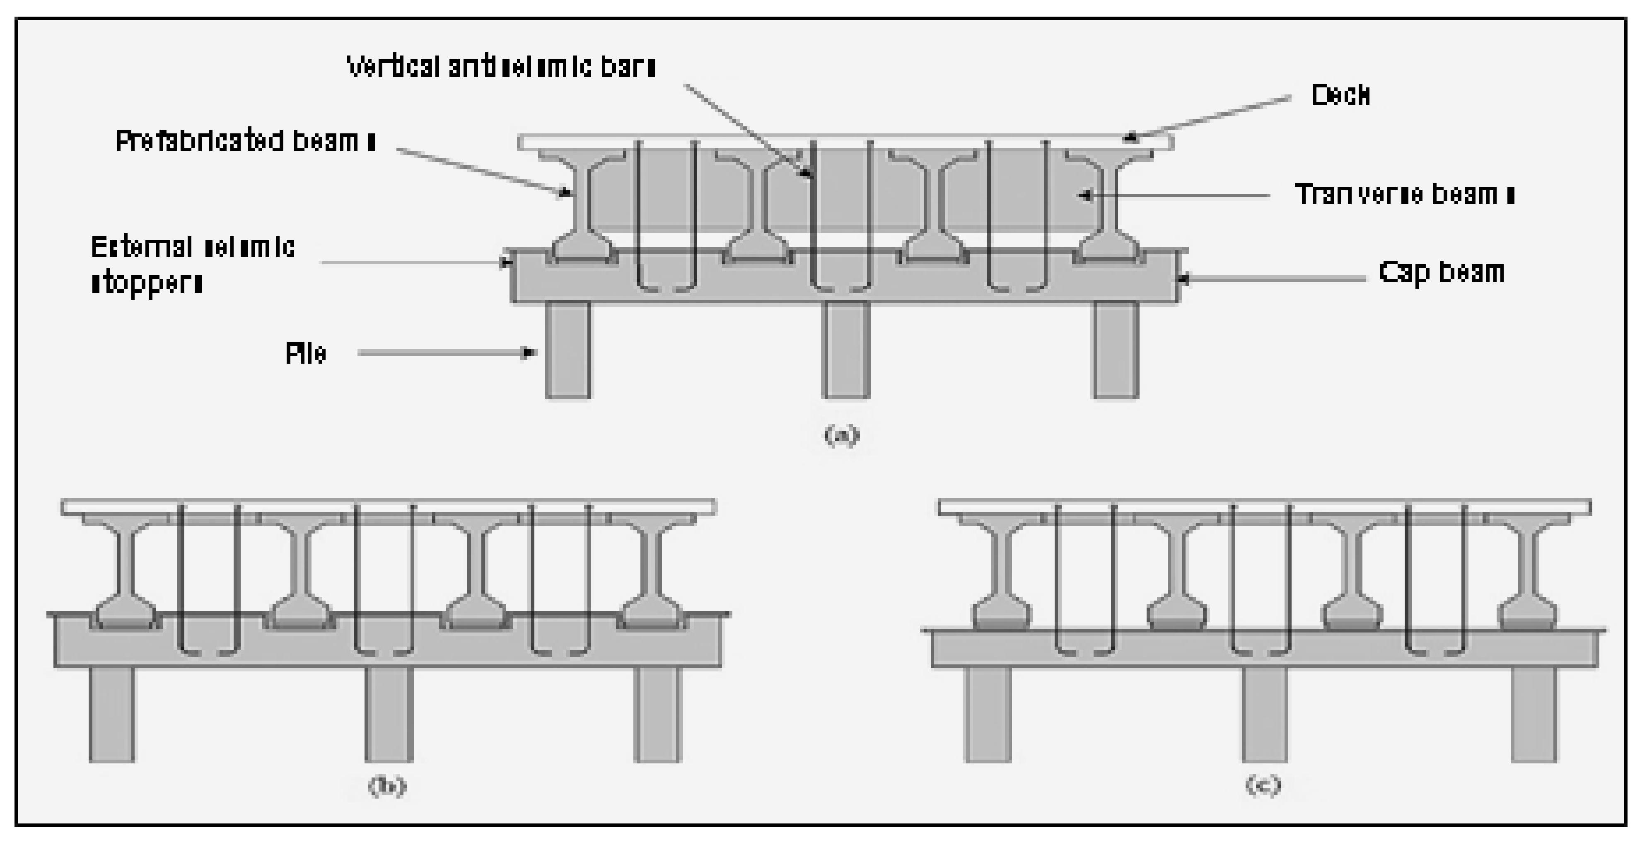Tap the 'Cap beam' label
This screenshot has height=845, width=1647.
coord(1441,272)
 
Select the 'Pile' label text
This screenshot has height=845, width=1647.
coord(306,353)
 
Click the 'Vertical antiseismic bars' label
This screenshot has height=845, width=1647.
coord(501,66)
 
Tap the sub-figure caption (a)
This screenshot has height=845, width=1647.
coord(841,435)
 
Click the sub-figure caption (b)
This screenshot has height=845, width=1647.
coord(387,785)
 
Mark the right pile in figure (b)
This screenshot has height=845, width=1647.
coord(658,714)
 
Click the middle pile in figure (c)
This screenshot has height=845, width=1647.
coord(1264,714)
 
